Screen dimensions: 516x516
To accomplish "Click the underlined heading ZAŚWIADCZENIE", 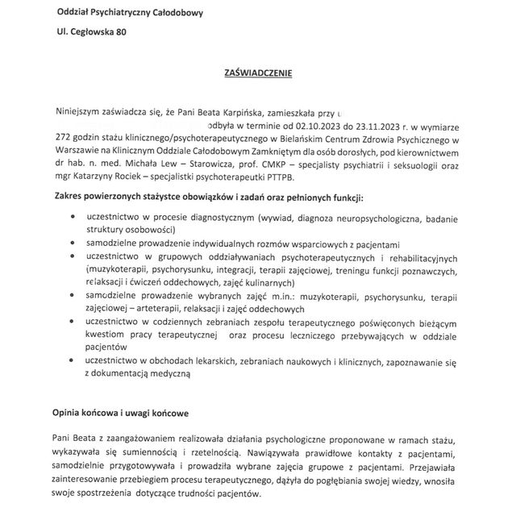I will pyautogui.click(x=257, y=73).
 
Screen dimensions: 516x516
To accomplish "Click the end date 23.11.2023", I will pyautogui.click(x=372, y=127).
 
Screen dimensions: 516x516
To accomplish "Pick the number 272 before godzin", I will pyautogui.click(x=64, y=138).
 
